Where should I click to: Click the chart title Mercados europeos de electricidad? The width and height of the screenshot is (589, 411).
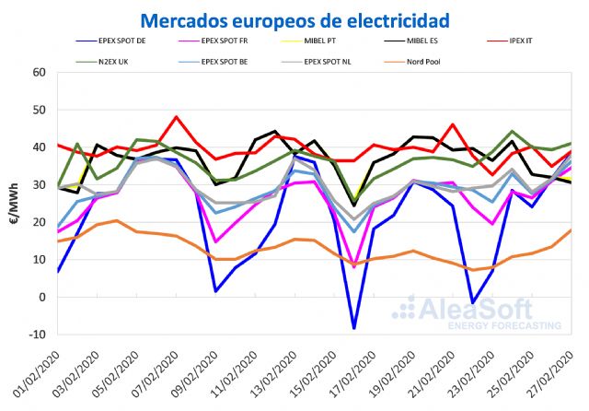[x=294, y=18]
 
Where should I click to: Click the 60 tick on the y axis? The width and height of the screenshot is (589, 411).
[x=39, y=72]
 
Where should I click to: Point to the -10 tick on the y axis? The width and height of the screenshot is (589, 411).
[x=37, y=335]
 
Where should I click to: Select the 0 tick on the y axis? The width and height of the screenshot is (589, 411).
[x=42, y=297]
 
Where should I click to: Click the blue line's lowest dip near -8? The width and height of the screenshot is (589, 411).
[x=353, y=328]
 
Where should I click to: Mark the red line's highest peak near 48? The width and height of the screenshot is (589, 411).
[x=176, y=117]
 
